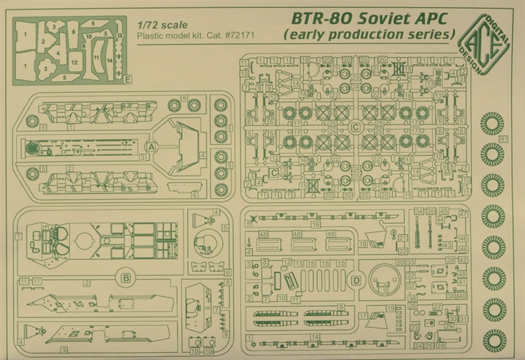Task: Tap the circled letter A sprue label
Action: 151,147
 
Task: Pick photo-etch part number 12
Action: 75,62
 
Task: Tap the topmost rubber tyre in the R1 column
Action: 493,123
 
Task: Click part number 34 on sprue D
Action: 418,211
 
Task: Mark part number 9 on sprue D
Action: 342,307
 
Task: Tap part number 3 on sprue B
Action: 64,349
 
